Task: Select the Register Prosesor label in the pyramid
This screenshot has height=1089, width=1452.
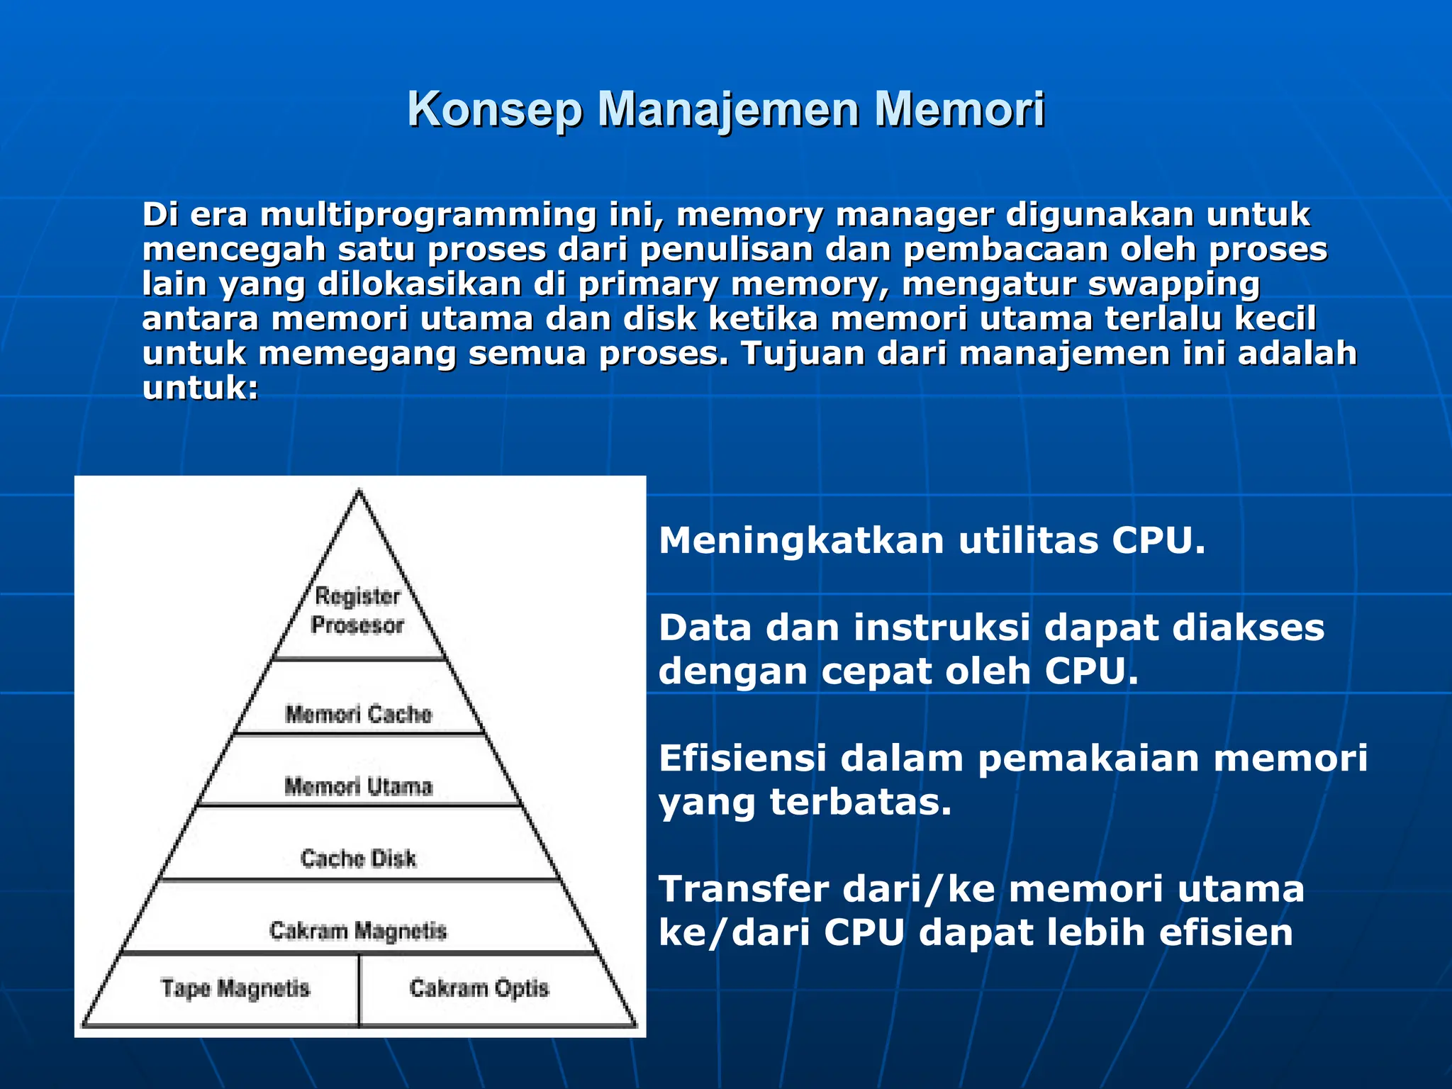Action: [x=357, y=610]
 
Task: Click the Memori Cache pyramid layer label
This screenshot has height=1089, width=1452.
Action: [x=358, y=713]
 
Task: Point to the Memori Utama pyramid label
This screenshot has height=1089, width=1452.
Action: [x=358, y=786]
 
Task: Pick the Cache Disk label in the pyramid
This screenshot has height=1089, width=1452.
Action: [x=358, y=858]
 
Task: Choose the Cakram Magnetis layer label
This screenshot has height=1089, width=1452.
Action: [x=358, y=930]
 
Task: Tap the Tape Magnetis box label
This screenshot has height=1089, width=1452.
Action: [x=235, y=988]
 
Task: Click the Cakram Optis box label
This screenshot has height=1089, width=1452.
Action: [x=479, y=988]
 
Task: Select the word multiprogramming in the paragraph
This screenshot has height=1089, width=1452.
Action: [x=428, y=216]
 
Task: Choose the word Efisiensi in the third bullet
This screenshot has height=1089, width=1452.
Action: [x=742, y=758]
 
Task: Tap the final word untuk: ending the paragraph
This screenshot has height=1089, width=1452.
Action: [x=201, y=389]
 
